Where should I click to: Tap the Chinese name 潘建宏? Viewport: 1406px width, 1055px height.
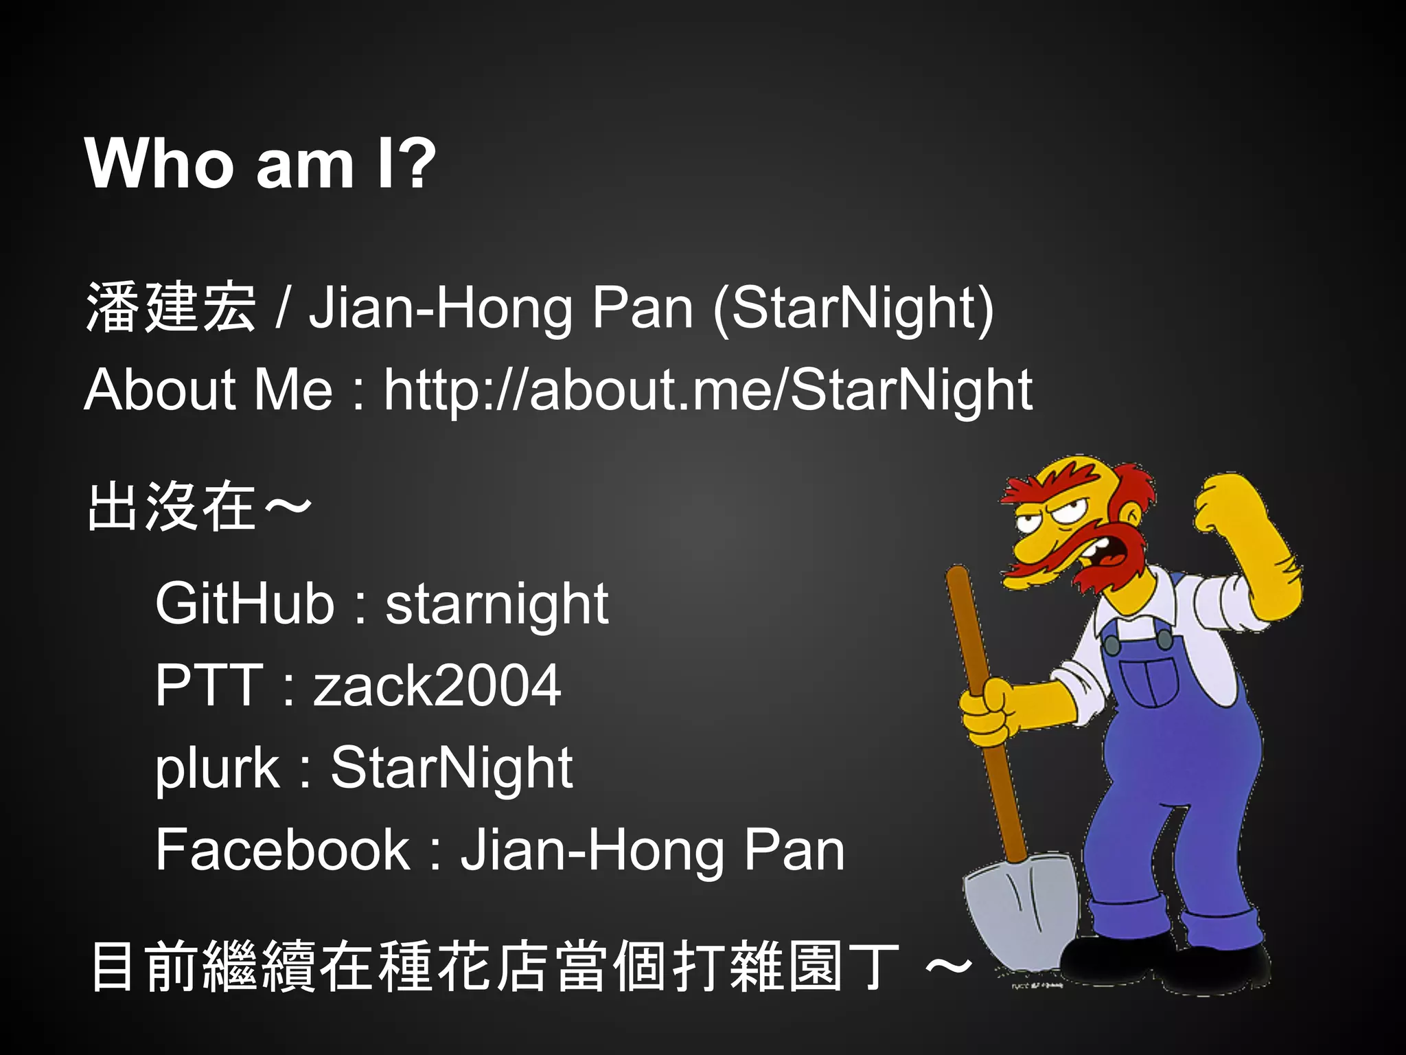(x=170, y=307)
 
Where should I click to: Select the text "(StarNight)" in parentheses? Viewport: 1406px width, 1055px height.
(x=853, y=308)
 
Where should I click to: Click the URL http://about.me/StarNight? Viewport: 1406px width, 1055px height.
(x=708, y=390)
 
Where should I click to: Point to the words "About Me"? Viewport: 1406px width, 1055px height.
(x=208, y=389)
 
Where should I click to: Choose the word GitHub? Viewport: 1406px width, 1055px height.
(x=244, y=603)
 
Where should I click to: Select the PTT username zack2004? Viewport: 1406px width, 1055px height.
(x=437, y=685)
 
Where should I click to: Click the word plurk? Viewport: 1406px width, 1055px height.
(x=217, y=767)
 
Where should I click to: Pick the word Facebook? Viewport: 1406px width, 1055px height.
(x=282, y=850)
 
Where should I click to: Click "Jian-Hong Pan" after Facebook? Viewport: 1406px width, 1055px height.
(x=652, y=850)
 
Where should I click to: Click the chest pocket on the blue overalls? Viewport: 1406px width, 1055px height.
(x=1153, y=680)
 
